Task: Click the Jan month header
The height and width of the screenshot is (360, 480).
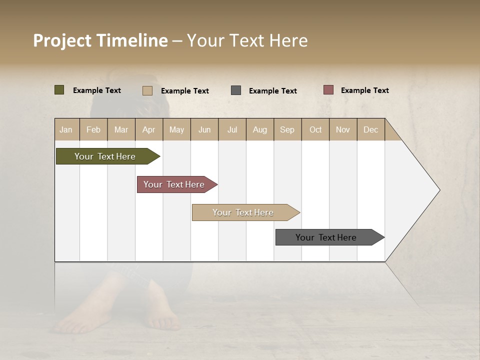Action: click(x=66, y=129)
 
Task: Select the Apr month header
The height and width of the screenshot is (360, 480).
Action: click(x=149, y=129)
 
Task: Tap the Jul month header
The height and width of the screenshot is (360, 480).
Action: click(x=232, y=129)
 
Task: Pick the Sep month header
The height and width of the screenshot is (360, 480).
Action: click(x=287, y=129)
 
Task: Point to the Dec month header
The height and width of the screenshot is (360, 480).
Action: click(x=370, y=129)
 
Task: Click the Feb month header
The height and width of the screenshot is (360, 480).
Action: click(x=93, y=129)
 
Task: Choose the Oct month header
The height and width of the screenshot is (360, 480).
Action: click(x=315, y=129)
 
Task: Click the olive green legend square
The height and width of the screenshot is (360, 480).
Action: click(x=59, y=90)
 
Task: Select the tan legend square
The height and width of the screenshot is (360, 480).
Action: click(x=147, y=90)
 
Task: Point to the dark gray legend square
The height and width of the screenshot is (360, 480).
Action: click(x=236, y=90)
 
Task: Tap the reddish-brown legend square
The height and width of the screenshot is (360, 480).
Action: click(x=328, y=90)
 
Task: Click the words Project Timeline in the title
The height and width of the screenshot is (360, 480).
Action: click(x=100, y=40)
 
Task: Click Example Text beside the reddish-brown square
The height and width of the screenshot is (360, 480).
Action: click(x=364, y=90)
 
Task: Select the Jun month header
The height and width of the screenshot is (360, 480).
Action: click(x=204, y=129)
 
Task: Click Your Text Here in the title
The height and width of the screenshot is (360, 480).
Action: click(x=247, y=40)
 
